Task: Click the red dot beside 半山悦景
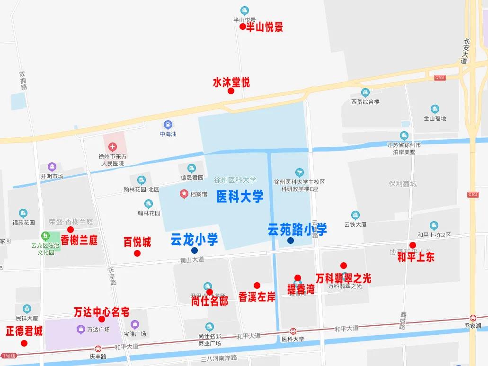coord(242,27)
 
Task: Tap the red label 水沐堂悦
coord(231,83)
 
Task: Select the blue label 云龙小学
coord(194,240)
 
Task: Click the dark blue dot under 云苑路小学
coord(291,241)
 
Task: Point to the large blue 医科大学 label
coord(240,196)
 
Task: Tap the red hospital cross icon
coord(113,147)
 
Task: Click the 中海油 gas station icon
coord(168,125)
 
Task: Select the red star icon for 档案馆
coord(184,194)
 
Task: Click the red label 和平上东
coord(416,257)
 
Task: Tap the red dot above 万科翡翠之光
coord(344,266)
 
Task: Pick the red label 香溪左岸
coord(257,297)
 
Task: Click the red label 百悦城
coord(137,242)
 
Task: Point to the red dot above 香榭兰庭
coord(71,230)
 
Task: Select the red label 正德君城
coord(24,331)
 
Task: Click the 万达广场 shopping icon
coord(80,329)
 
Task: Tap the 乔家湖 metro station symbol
coord(473,318)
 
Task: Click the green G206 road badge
coord(440,78)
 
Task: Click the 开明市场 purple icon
coord(52,167)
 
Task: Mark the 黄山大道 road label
coord(192,260)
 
